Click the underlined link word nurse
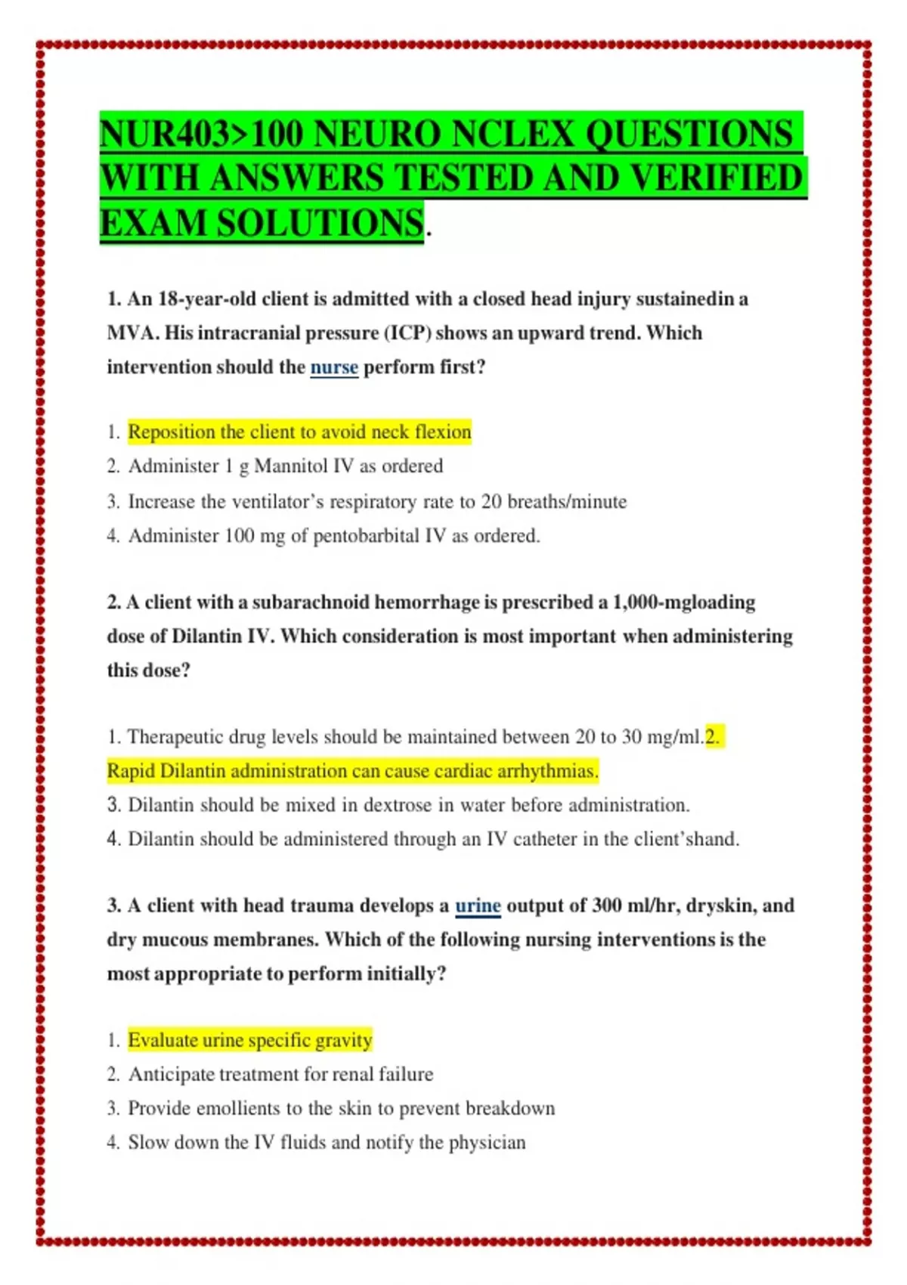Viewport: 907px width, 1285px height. (x=334, y=367)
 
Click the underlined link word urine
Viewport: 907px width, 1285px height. (x=478, y=906)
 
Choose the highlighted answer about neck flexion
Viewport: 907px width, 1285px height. (x=299, y=432)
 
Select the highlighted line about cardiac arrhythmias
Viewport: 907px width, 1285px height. (x=352, y=771)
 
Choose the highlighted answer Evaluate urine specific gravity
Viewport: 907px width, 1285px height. (x=249, y=1040)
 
